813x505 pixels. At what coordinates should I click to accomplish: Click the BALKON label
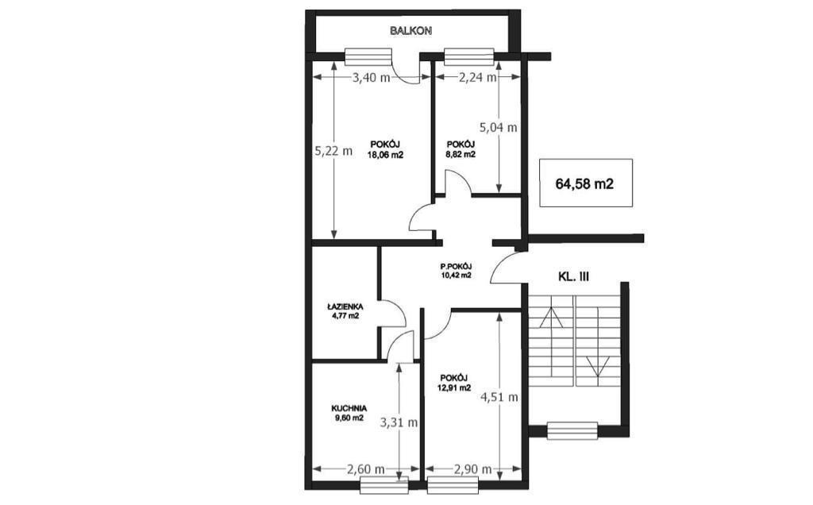pyautogui.click(x=410, y=31)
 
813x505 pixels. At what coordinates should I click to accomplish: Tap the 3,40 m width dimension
pyautogui.click(x=372, y=78)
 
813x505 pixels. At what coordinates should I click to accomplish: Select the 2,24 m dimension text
pyautogui.click(x=477, y=78)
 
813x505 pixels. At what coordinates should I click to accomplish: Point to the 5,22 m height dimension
pyautogui.click(x=333, y=151)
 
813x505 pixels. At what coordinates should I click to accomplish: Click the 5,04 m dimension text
pyautogui.click(x=499, y=127)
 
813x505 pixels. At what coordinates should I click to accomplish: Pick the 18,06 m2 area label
pyautogui.click(x=385, y=155)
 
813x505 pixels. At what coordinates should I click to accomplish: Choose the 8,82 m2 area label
pyautogui.click(x=461, y=155)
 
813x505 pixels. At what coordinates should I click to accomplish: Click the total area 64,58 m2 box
pyautogui.click(x=585, y=183)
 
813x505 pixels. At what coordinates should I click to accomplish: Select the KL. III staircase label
pyautogui.click(x=573, y=277)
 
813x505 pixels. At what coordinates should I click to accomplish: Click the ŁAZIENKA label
pyautogui.click(x=345, y=306)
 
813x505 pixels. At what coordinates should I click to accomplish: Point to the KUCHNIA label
pyautogui.click(x=349, y=409)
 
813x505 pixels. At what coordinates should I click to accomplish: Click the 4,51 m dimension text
pyautogui.click(x=499, y=398)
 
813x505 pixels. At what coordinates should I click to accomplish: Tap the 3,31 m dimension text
pyautogui.click(x=399, y=422)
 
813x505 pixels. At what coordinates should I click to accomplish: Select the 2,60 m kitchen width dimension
pyautogui.click(x=365, y=469)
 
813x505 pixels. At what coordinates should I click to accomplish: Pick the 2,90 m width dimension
pyautogui.click(x=472, y=469)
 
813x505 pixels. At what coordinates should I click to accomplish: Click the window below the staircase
pyautogui.click(x=572, y=431)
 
